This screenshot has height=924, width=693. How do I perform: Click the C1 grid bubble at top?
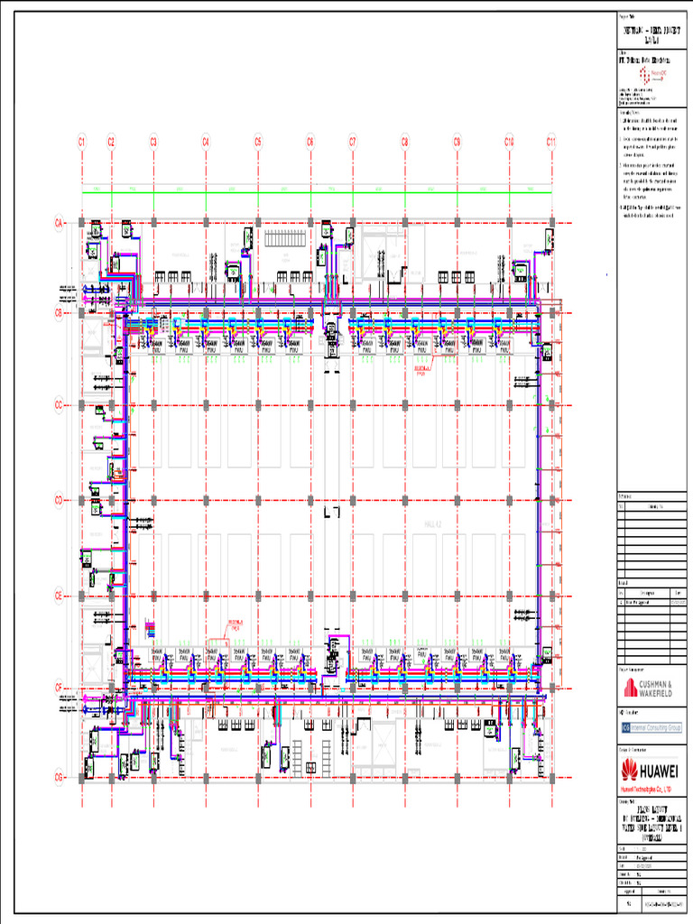81,141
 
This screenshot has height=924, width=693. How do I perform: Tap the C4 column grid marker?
206,141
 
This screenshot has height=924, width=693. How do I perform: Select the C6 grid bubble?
310,141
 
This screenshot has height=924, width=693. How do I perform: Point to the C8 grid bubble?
405,141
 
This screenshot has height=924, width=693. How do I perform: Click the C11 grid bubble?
551,141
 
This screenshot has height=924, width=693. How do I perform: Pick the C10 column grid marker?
509,141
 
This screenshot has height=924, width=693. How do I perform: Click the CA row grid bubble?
59,222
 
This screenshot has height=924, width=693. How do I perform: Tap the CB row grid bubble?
59,312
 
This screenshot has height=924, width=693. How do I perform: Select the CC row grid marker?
59,406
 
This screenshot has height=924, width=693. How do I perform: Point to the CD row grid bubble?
59,499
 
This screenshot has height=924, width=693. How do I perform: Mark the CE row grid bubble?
59,596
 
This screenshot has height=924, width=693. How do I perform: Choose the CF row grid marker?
59,688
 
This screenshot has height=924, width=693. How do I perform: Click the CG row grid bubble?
59,777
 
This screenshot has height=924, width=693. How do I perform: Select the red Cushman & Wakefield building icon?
630,688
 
